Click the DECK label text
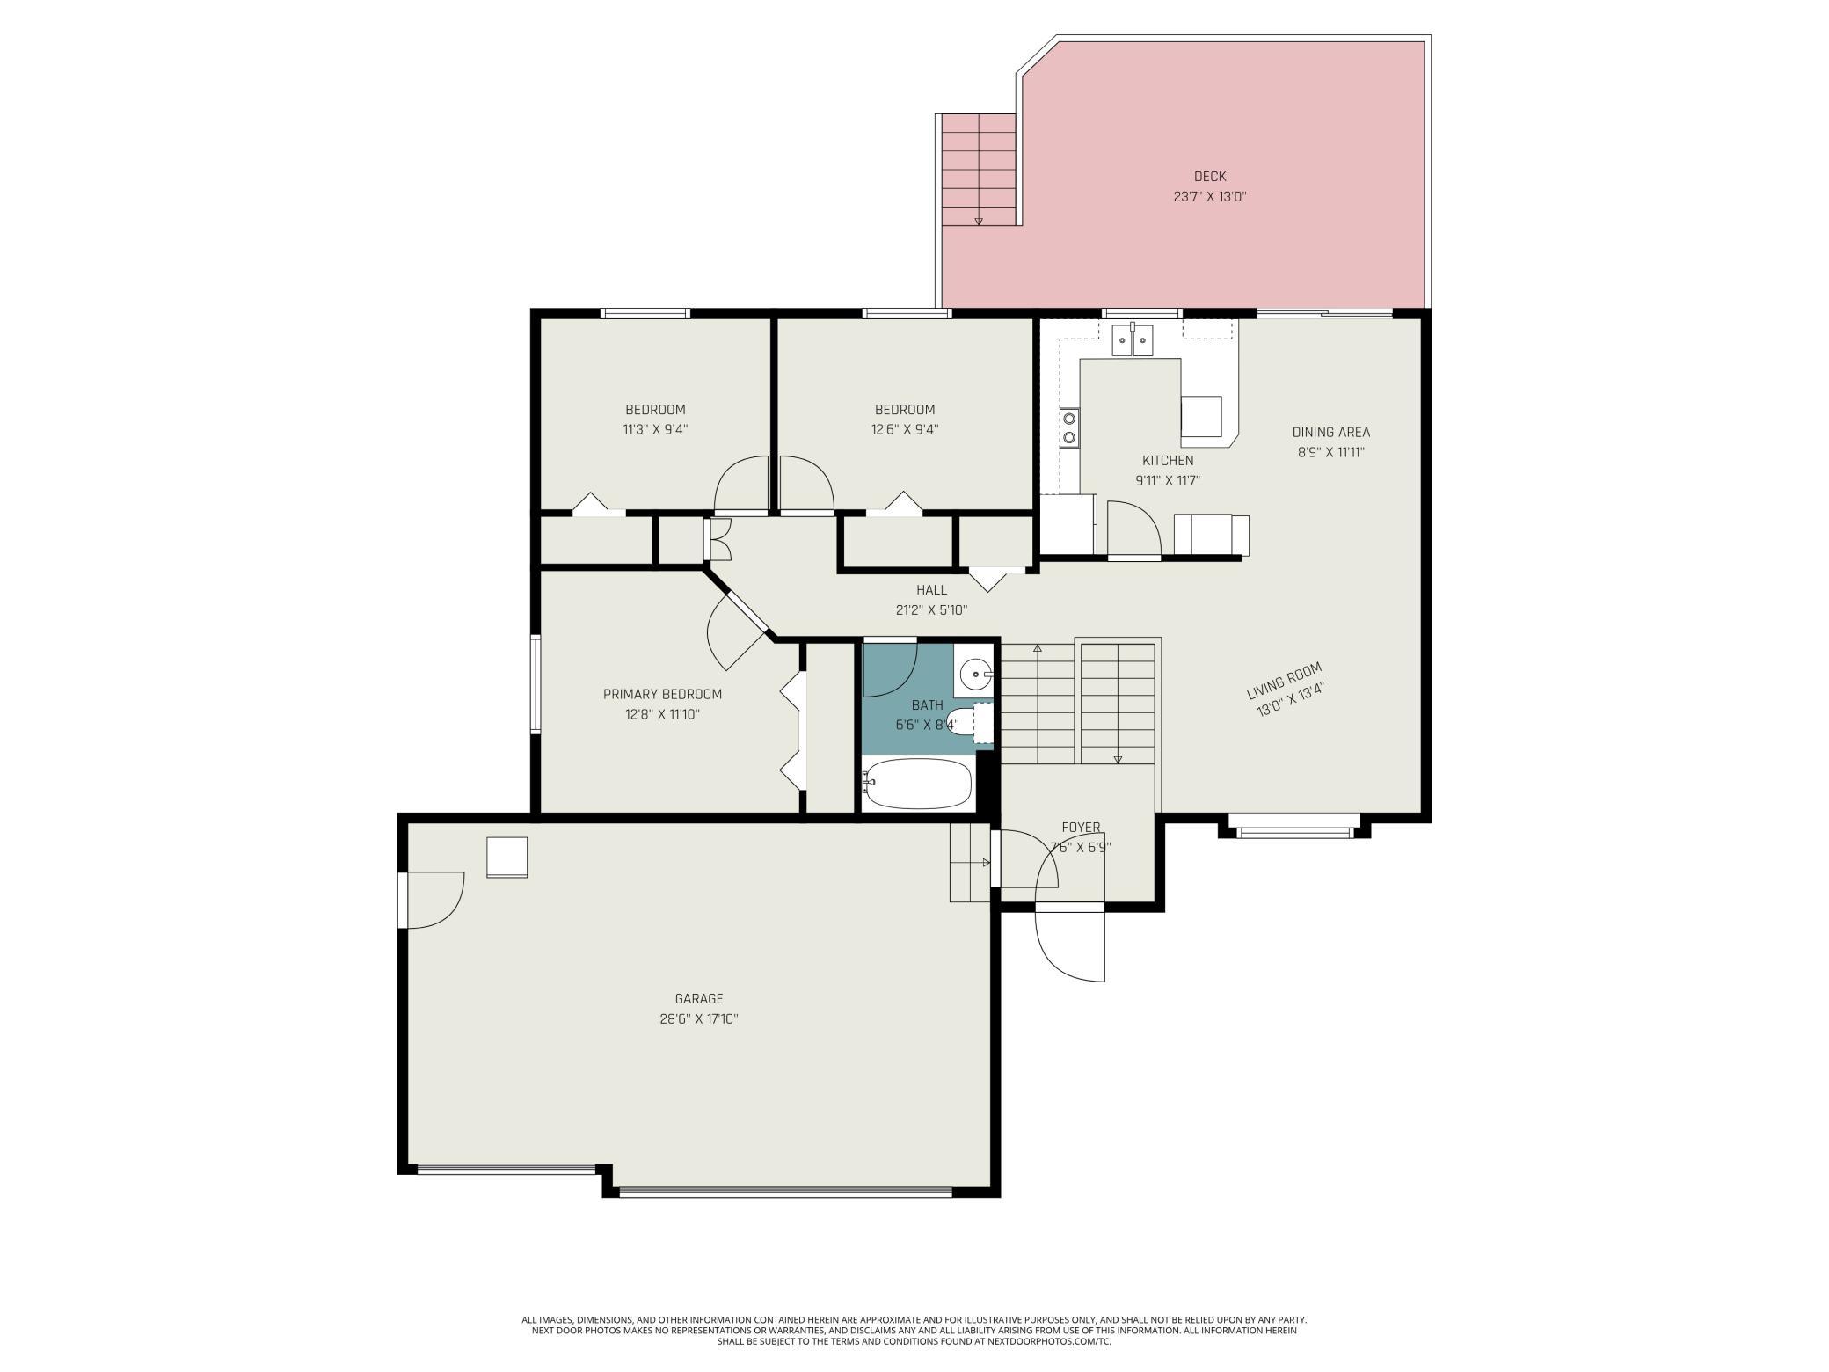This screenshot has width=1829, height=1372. [1210, 177]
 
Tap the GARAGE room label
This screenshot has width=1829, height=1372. [699, 999]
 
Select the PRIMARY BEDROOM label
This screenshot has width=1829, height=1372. [662, 695]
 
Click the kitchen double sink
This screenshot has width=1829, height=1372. [1133, 339]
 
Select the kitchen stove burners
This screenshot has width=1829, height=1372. [1069, 428]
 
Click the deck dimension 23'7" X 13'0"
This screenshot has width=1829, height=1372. [1210, 197]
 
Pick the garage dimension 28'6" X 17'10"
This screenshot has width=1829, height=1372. [699, 1019]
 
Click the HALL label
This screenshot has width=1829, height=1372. [931, 590]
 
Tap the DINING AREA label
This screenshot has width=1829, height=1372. [1330, 433]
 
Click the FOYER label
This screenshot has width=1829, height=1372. [1081, 828]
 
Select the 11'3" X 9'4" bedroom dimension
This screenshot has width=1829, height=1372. [655, 430]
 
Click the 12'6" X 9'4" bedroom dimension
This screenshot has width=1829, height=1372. [905, 430]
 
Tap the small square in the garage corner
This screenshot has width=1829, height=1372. [507, 857]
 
